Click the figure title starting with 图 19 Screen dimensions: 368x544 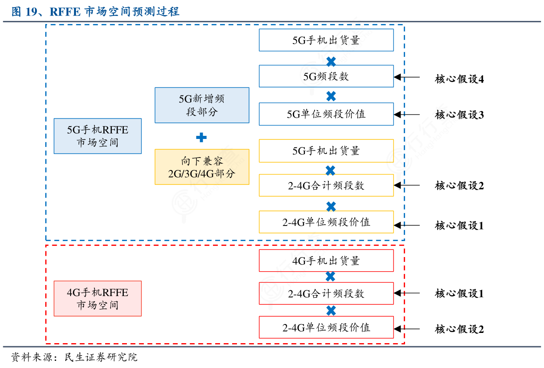tap(95, 11)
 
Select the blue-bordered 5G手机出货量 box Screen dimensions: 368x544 tap(326, 40)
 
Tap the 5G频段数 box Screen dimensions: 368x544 tap(326, 76)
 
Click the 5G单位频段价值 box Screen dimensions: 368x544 tap(326, 114)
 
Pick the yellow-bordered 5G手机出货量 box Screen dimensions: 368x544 tap(326, 151)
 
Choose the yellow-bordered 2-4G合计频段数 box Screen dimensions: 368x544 tap(326, 186)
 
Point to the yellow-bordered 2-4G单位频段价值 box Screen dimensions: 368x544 tap(326, 222)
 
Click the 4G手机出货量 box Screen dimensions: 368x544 tap(326, 261)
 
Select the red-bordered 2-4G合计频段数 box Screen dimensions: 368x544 tap(326, 293)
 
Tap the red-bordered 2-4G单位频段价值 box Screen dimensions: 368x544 tap(326, 328)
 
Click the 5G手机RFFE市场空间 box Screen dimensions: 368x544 tap(98, 136)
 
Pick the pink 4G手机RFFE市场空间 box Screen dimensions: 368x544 tap(98, 299)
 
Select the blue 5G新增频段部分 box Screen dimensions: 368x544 tap(202, 105)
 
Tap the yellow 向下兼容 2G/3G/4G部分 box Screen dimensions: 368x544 tap(202, 167)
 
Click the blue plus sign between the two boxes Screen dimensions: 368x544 tap(201, 138)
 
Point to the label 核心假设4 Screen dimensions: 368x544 tap(459, 79)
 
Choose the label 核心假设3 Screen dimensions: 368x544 tap(459, 115)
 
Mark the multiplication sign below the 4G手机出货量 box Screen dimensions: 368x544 tap(330, 277)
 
